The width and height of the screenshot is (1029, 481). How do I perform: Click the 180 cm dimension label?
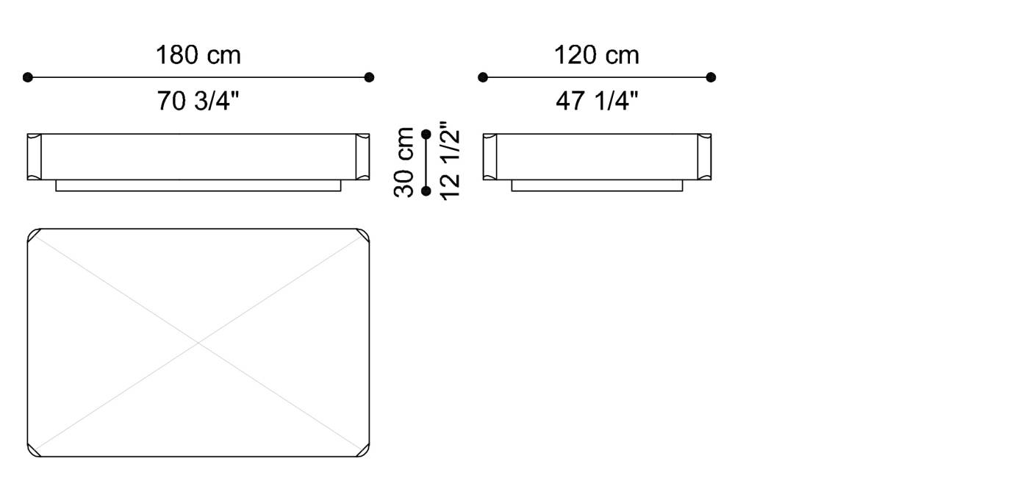click(x=198, y=55)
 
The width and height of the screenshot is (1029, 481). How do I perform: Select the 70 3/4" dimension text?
click(x=198, y=101)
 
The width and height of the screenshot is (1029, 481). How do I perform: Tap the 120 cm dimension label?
click(x=596, y=55)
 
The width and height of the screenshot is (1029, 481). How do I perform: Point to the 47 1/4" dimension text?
click(x=596, y=101)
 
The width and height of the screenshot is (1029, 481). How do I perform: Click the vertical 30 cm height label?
click(x=405, y=162)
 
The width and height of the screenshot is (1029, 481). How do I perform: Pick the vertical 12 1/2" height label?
click(x=449, y=162)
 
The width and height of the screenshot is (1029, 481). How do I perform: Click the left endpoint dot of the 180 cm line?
click(x=28, y=77)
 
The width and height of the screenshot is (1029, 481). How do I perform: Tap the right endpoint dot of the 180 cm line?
click(x=369, y=77)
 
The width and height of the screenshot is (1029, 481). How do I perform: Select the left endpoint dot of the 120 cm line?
click(x=483, y=77)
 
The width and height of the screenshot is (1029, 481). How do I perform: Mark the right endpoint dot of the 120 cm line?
click(x=711, y=77)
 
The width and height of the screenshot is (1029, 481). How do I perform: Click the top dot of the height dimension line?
click(x=426, y=134)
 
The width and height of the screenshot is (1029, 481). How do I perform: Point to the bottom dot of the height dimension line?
click(x=426, y=191)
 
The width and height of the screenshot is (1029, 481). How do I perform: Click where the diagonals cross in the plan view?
click(x=198, y=343)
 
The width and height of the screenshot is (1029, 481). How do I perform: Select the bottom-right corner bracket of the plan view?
click(x=364, y=451)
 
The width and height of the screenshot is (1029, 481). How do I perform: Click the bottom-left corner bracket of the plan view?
click(x=33, y=451)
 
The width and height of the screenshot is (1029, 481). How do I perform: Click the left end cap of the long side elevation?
click(x=35, y=157)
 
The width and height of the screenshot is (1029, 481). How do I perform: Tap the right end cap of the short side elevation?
click(x=704, y=157)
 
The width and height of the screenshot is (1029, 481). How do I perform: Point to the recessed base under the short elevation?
click(x=597, y=185)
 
